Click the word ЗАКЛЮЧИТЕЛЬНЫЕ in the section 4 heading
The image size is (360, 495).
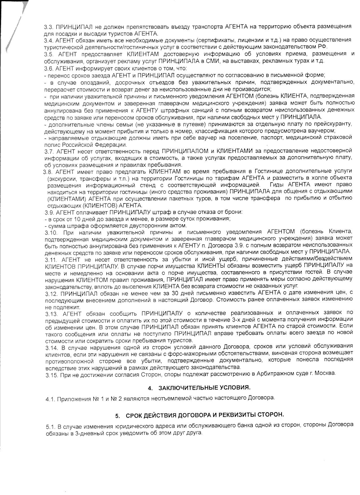pyautogui.click(x=185, y=388)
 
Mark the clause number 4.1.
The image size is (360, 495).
pyautogui.click(x=51, y=398)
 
